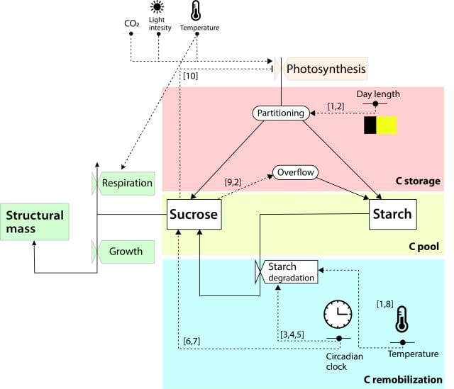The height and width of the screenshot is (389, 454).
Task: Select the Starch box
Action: pos(391,214)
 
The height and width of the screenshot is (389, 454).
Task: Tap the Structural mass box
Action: pos(35,222)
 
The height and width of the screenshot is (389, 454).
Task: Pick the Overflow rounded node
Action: pos(296,172)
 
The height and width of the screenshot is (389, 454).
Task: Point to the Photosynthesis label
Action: pos(326,69)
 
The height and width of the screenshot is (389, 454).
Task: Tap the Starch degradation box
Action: pos(291,272)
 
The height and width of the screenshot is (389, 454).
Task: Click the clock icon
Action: pos(338,312)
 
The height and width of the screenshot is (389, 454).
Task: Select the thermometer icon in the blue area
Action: pos(402,320)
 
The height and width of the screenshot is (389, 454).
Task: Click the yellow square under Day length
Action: pos(387,125)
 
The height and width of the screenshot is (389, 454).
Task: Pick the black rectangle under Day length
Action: pos(370,125)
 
